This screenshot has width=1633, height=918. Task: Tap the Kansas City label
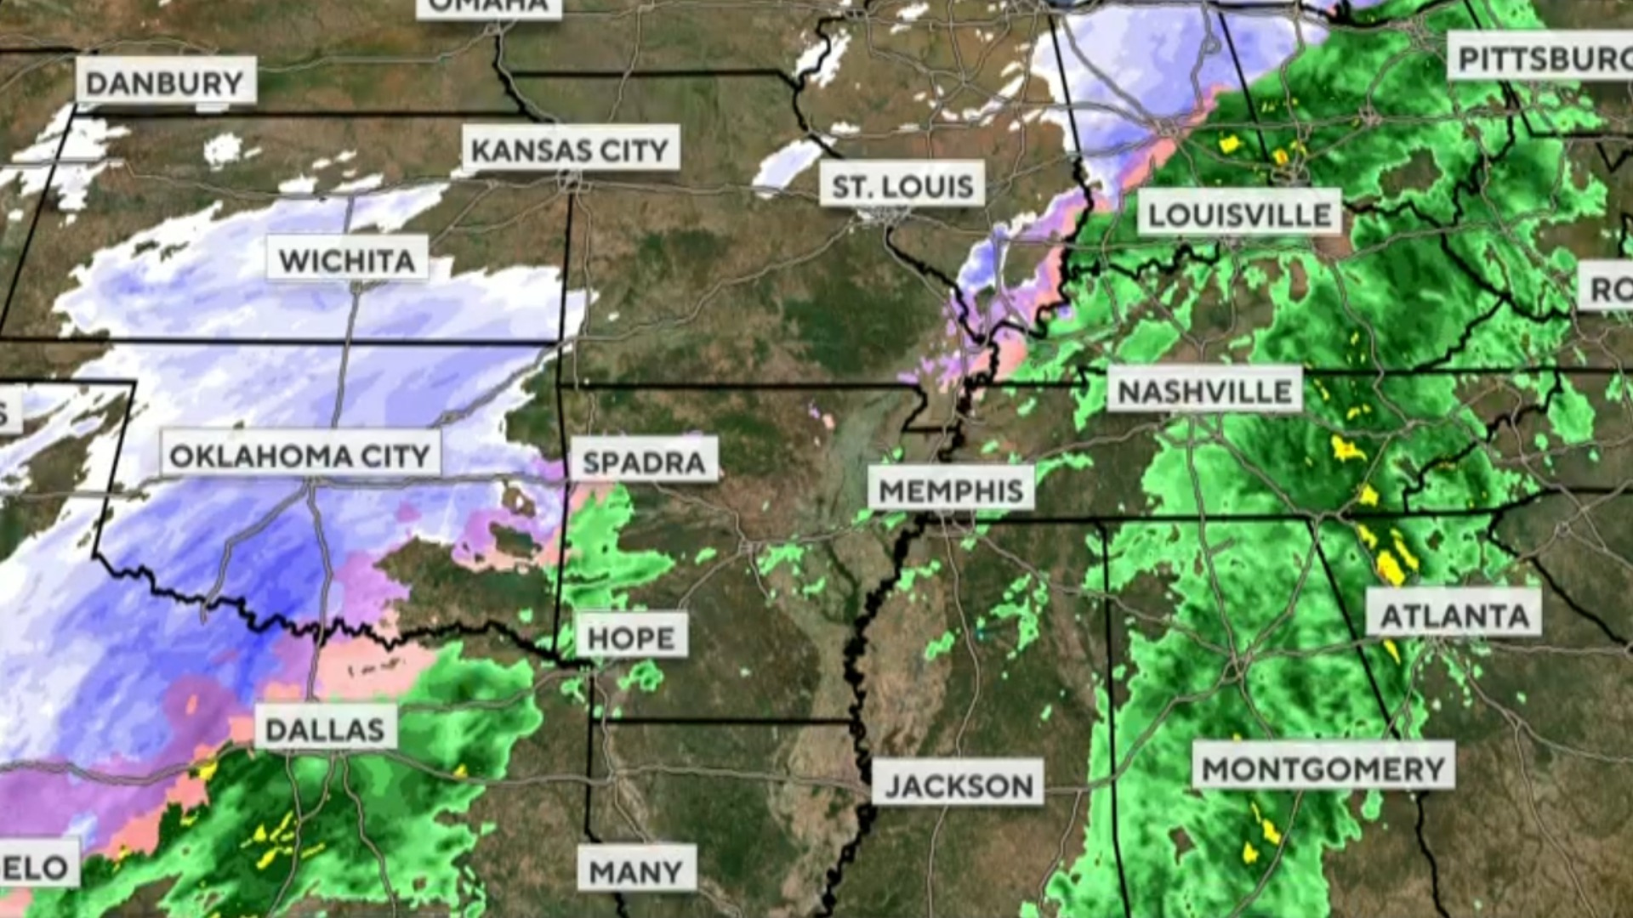click(x=570, y=150)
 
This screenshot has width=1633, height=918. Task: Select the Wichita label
click(x=347, y=259)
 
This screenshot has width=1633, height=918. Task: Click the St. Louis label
click(x=902, y=184)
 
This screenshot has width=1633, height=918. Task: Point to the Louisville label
click(x=1239, y=213)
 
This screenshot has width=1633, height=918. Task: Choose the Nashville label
click(x=1204, y=390)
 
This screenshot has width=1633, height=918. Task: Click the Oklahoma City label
click(x=300, y=455)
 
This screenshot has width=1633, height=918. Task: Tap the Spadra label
click(x=644, y=461)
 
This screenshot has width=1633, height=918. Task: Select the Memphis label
click(x=950, y=489)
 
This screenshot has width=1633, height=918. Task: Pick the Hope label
click(x=631, y=636)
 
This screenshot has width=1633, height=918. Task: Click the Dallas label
click(x=325, y=728)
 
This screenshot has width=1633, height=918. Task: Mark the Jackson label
click(x=959, y=784)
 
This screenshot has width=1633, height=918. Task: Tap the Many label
click(x=636, y=870)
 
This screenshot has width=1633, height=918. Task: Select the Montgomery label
click(x=1323, y=768)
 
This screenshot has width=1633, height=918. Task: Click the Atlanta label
click(x=1454, y=614)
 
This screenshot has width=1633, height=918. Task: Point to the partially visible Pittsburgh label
click(x=1539, y=57)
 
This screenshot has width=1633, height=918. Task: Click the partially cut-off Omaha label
click(x=489, y=7)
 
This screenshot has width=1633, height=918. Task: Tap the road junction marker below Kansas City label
click(x=571, y=181)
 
